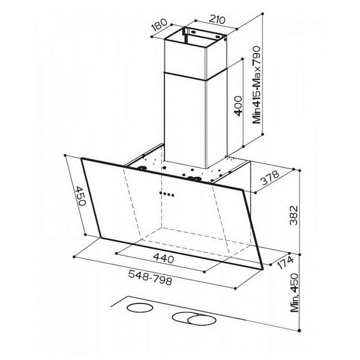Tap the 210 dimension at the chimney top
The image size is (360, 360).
(217, 20)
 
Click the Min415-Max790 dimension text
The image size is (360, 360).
(257, 85)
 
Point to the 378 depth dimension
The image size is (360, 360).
(270, 178)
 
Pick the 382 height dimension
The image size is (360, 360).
(293, 216)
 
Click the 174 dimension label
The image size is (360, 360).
(285, 262)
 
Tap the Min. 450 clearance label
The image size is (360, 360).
(294, 293)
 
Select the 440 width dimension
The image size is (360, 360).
(164, 258)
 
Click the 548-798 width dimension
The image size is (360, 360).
(150, 278)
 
